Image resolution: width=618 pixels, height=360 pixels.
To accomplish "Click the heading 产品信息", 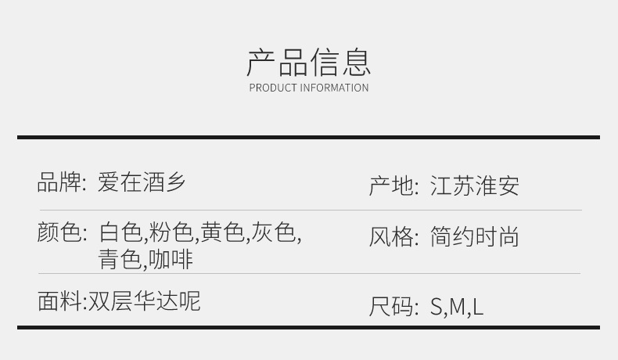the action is [308, 62].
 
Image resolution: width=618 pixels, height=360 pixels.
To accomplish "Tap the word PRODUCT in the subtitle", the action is [273, 88].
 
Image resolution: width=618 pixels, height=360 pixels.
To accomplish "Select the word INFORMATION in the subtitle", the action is [334, 88].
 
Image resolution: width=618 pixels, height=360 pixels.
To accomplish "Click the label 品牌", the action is [59, 182].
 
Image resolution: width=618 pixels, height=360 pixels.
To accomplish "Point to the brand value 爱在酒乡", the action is [142, 182].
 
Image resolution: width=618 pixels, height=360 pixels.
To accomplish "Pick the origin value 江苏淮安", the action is [474, 186].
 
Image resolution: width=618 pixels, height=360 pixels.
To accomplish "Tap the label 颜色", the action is [59, 232].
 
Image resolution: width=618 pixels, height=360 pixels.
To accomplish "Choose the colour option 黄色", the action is [222, 232].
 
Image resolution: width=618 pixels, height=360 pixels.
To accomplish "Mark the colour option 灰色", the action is [274, 232].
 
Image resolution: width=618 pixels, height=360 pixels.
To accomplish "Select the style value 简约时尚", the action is [474, 237].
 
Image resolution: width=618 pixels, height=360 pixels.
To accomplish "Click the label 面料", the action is [59, 301].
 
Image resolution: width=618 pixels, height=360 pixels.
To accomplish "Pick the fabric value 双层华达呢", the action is [144, 301].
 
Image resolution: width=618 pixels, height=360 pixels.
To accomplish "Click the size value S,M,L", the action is [457, 306].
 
